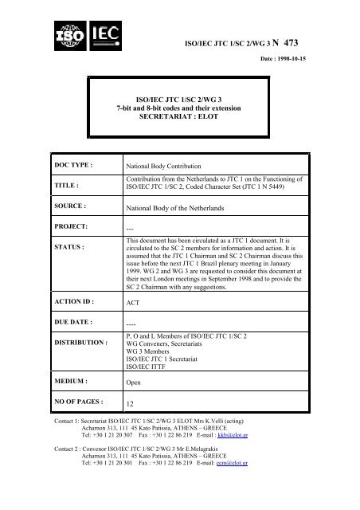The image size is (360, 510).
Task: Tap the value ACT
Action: (135, 326)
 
